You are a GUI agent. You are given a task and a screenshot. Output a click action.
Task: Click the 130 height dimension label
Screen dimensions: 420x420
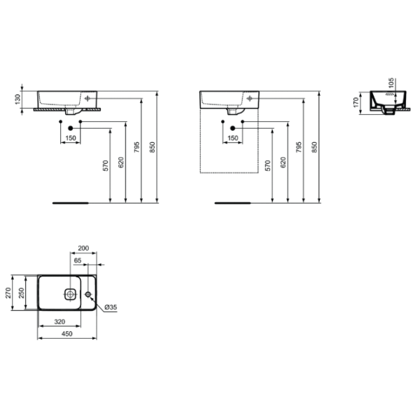point(17,99)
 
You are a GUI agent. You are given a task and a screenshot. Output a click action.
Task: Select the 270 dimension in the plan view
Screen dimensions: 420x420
point(8,293)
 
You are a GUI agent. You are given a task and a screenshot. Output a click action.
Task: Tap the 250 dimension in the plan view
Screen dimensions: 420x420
point(22,293)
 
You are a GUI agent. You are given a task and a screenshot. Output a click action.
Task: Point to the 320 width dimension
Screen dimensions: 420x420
point(59,321)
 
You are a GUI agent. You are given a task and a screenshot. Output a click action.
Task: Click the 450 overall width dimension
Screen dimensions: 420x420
point(67,333)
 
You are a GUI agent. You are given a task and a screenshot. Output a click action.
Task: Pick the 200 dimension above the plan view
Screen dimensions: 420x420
point(83,248)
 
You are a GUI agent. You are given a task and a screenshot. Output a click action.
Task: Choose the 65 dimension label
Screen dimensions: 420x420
point(78,260)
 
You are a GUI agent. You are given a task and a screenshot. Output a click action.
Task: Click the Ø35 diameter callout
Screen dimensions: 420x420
point(111,307)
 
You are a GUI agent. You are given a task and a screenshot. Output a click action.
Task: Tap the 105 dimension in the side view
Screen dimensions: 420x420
point(391,83)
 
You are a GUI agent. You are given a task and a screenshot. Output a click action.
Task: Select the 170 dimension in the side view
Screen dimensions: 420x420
point(356,102)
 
